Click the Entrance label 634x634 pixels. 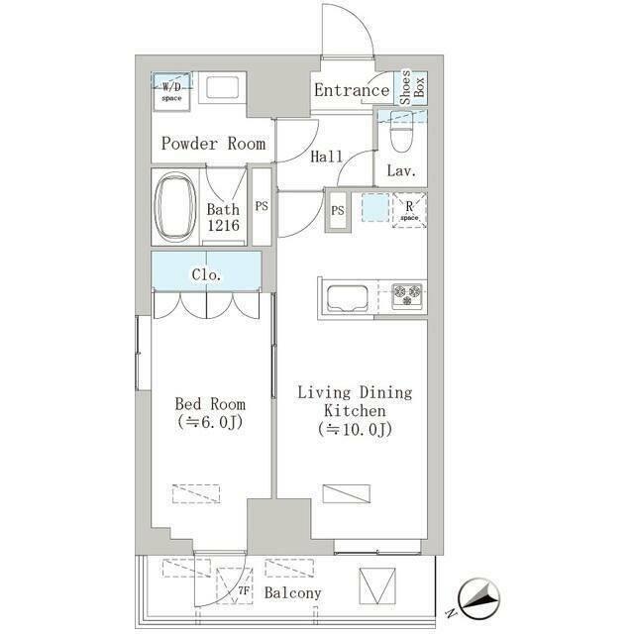pyautogui.click(x=352, y=90)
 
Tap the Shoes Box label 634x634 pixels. pyautogui.click(x=412, y=87)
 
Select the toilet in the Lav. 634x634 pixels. pyautogui.click(x=401, y=132)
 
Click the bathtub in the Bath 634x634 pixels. pyautogui.click(x=175, y=207)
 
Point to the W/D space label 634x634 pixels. pyautogui.click(x=171, y=92)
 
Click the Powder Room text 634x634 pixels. pyautogui.click(x=214, y=144)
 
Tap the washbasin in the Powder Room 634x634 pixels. pyautogui.click(x=222, y=87)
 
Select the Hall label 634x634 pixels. pyautogui.click(x=326, y=157)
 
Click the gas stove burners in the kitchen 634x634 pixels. pyautogui.click(x=407, y=294)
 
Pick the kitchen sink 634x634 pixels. pyautogui.click(x=348, y=298)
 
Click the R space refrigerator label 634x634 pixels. pyautogui.click(x=409, y=211)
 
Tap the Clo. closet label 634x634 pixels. pyautogui.click(x=206, y=275)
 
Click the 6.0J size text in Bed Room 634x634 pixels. pyautogui.click(x=210, y=422)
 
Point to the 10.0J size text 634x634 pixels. pyautogui.click(x=355, y=429)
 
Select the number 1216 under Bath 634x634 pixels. pyautogui.click(x=223, y=225)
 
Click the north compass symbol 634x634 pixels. pyautogui.click(x=479, y=598)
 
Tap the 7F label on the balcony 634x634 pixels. pyautogui.click(x=243, y=590)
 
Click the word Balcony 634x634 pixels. pyautogui.click(x=293, y=593)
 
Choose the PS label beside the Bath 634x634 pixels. pyautogui.click(x=262, y=206)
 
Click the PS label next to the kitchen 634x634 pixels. pyautogui.click(x=338, y=210)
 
